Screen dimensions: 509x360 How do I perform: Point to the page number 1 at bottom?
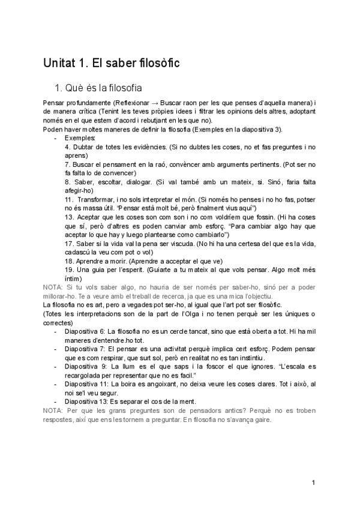click(x=313, y=482)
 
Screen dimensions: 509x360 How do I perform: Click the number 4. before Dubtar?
click(x=68, y=146)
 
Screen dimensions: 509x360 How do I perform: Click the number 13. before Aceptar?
click(x=70, y=217)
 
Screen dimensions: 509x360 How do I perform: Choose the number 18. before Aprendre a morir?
click(x=70, y=261)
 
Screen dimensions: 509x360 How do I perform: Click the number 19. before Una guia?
click(x=70, y=270)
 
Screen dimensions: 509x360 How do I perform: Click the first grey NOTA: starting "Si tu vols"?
click(x=54, y=288)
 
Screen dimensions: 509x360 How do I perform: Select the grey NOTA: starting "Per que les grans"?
click(x=54, y=410)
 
